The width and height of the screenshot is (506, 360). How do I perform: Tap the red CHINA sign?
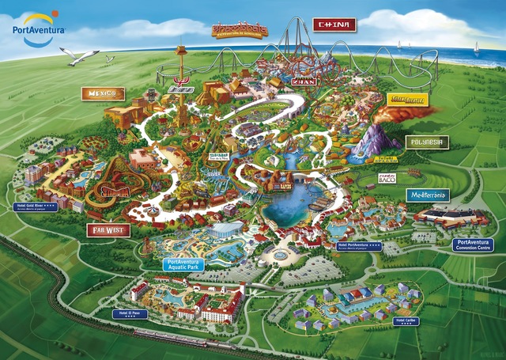pos(334,25)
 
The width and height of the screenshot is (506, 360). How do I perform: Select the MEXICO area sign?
pos(103,94)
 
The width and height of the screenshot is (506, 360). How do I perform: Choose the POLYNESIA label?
pos(427,142)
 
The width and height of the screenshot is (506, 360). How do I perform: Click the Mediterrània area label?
pos(427,195)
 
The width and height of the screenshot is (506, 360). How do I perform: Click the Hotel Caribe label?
pos(406,320)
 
